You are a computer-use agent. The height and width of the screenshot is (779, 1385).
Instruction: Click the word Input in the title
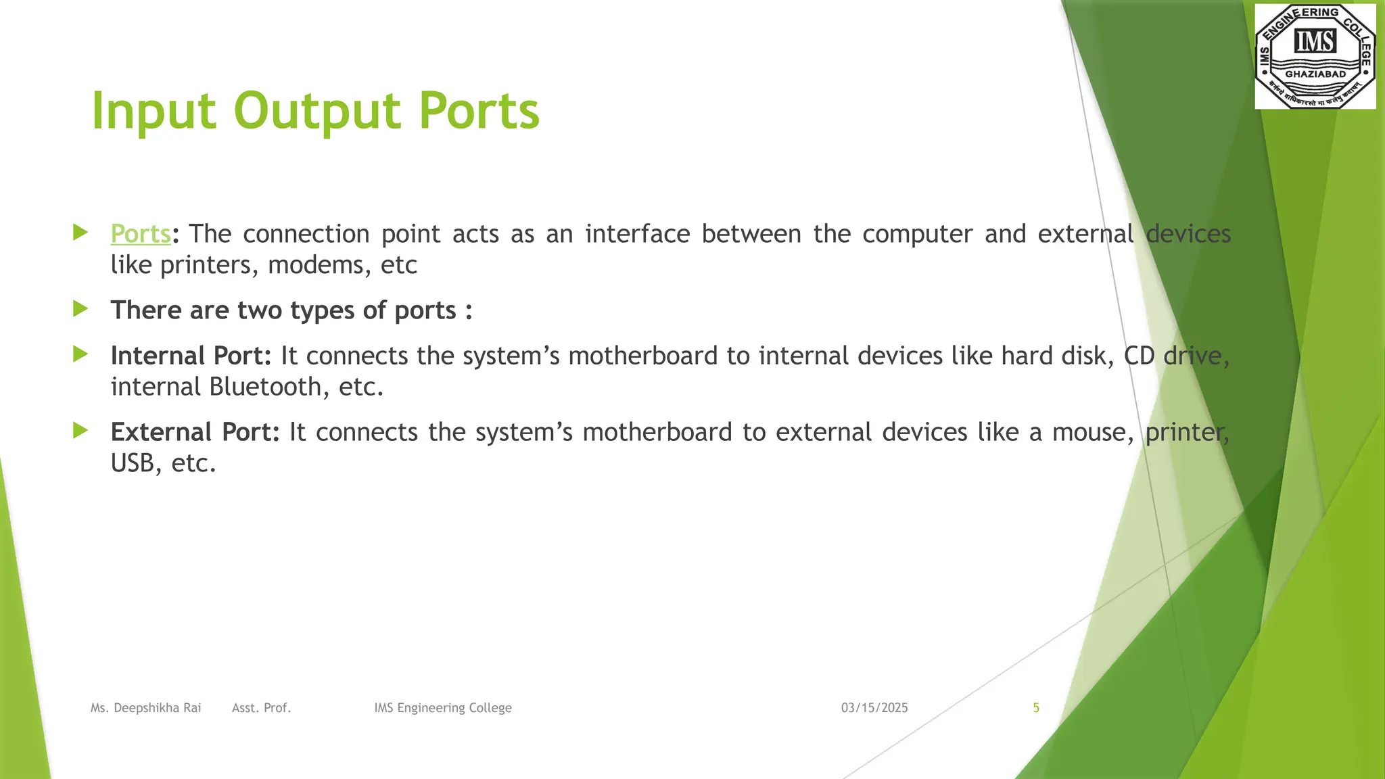coord(154,112)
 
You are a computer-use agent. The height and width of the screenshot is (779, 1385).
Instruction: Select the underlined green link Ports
coord(141,234)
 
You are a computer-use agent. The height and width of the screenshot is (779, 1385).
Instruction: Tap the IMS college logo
coord(1315,55)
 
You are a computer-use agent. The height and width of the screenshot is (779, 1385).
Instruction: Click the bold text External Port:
coord(195,432)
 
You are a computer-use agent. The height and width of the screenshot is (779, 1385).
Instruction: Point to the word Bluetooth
coord(265,387)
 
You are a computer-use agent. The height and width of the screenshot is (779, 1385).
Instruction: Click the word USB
coord(133,463)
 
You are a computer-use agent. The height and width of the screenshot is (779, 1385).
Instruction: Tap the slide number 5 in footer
coord(1035,708)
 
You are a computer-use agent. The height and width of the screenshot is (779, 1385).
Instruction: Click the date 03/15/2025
coord(874,708)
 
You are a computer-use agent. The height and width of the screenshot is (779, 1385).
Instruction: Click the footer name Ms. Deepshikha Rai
coord(146,708)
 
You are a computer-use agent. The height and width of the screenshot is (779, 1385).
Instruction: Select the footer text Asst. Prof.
coord(261,708)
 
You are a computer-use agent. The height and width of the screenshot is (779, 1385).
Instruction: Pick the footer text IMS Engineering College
coord(443,708)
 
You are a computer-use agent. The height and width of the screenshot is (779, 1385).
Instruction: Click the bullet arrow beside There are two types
coord(80,309)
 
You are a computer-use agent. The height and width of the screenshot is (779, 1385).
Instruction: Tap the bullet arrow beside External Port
coord(80,430)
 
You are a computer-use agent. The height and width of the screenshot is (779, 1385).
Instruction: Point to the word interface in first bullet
coord(637,234)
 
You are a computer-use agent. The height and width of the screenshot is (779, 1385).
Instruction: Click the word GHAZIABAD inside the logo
coord(1315,74)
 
